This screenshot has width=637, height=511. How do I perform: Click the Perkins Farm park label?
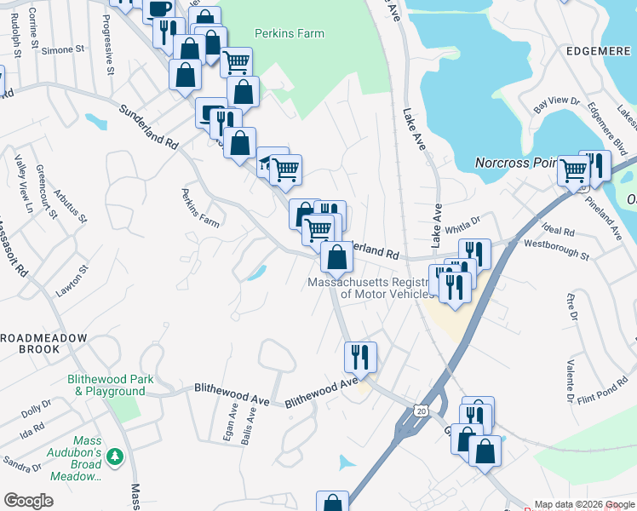tap(290, 34)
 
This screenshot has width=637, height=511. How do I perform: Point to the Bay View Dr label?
tap(557, 106)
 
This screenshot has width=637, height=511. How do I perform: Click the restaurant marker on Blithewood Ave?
tap(361, 357)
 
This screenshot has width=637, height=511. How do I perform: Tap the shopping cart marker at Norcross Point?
tap(573, 169)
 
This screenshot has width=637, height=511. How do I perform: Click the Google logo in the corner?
tap(29, 501)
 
